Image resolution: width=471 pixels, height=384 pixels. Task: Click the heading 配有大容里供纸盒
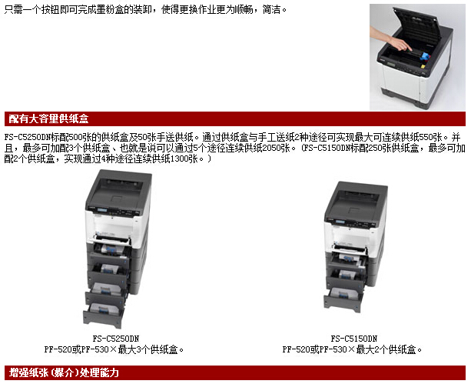click(48, 119)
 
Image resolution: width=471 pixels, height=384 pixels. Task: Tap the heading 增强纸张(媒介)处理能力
click(64, 372)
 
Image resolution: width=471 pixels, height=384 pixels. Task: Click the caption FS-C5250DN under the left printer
click(116, 339)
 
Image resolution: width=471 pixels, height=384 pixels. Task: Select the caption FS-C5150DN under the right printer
click(354, 339)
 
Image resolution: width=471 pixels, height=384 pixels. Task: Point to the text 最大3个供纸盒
click(151, 349)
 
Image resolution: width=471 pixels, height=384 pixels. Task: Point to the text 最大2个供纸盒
click(389, 349)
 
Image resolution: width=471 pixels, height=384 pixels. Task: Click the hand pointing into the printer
click(390, 38)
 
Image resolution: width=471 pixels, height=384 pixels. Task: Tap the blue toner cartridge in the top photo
click(426, 56)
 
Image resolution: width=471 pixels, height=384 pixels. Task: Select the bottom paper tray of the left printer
click(104, 316)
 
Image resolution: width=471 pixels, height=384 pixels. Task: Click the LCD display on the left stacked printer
click(103, 210)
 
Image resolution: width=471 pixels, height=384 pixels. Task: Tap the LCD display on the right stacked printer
click(340, 222)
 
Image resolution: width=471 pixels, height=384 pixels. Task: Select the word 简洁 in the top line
click(271, 10)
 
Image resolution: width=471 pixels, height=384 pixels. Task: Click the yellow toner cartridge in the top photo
click(423, 66)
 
